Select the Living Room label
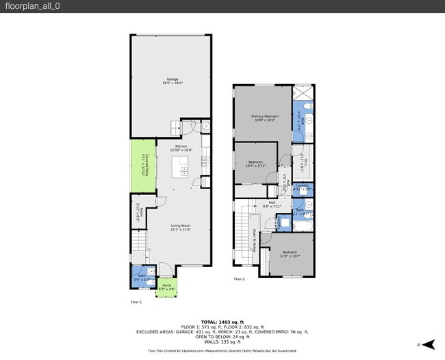tap(181, 227)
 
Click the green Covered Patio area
tap(141, 166)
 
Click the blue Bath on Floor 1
tap(140, 277)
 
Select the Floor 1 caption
tap(136, 302)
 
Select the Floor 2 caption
tap(238, 279)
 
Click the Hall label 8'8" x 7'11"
tap(271, 204)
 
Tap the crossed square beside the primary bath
tap(302, 93)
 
